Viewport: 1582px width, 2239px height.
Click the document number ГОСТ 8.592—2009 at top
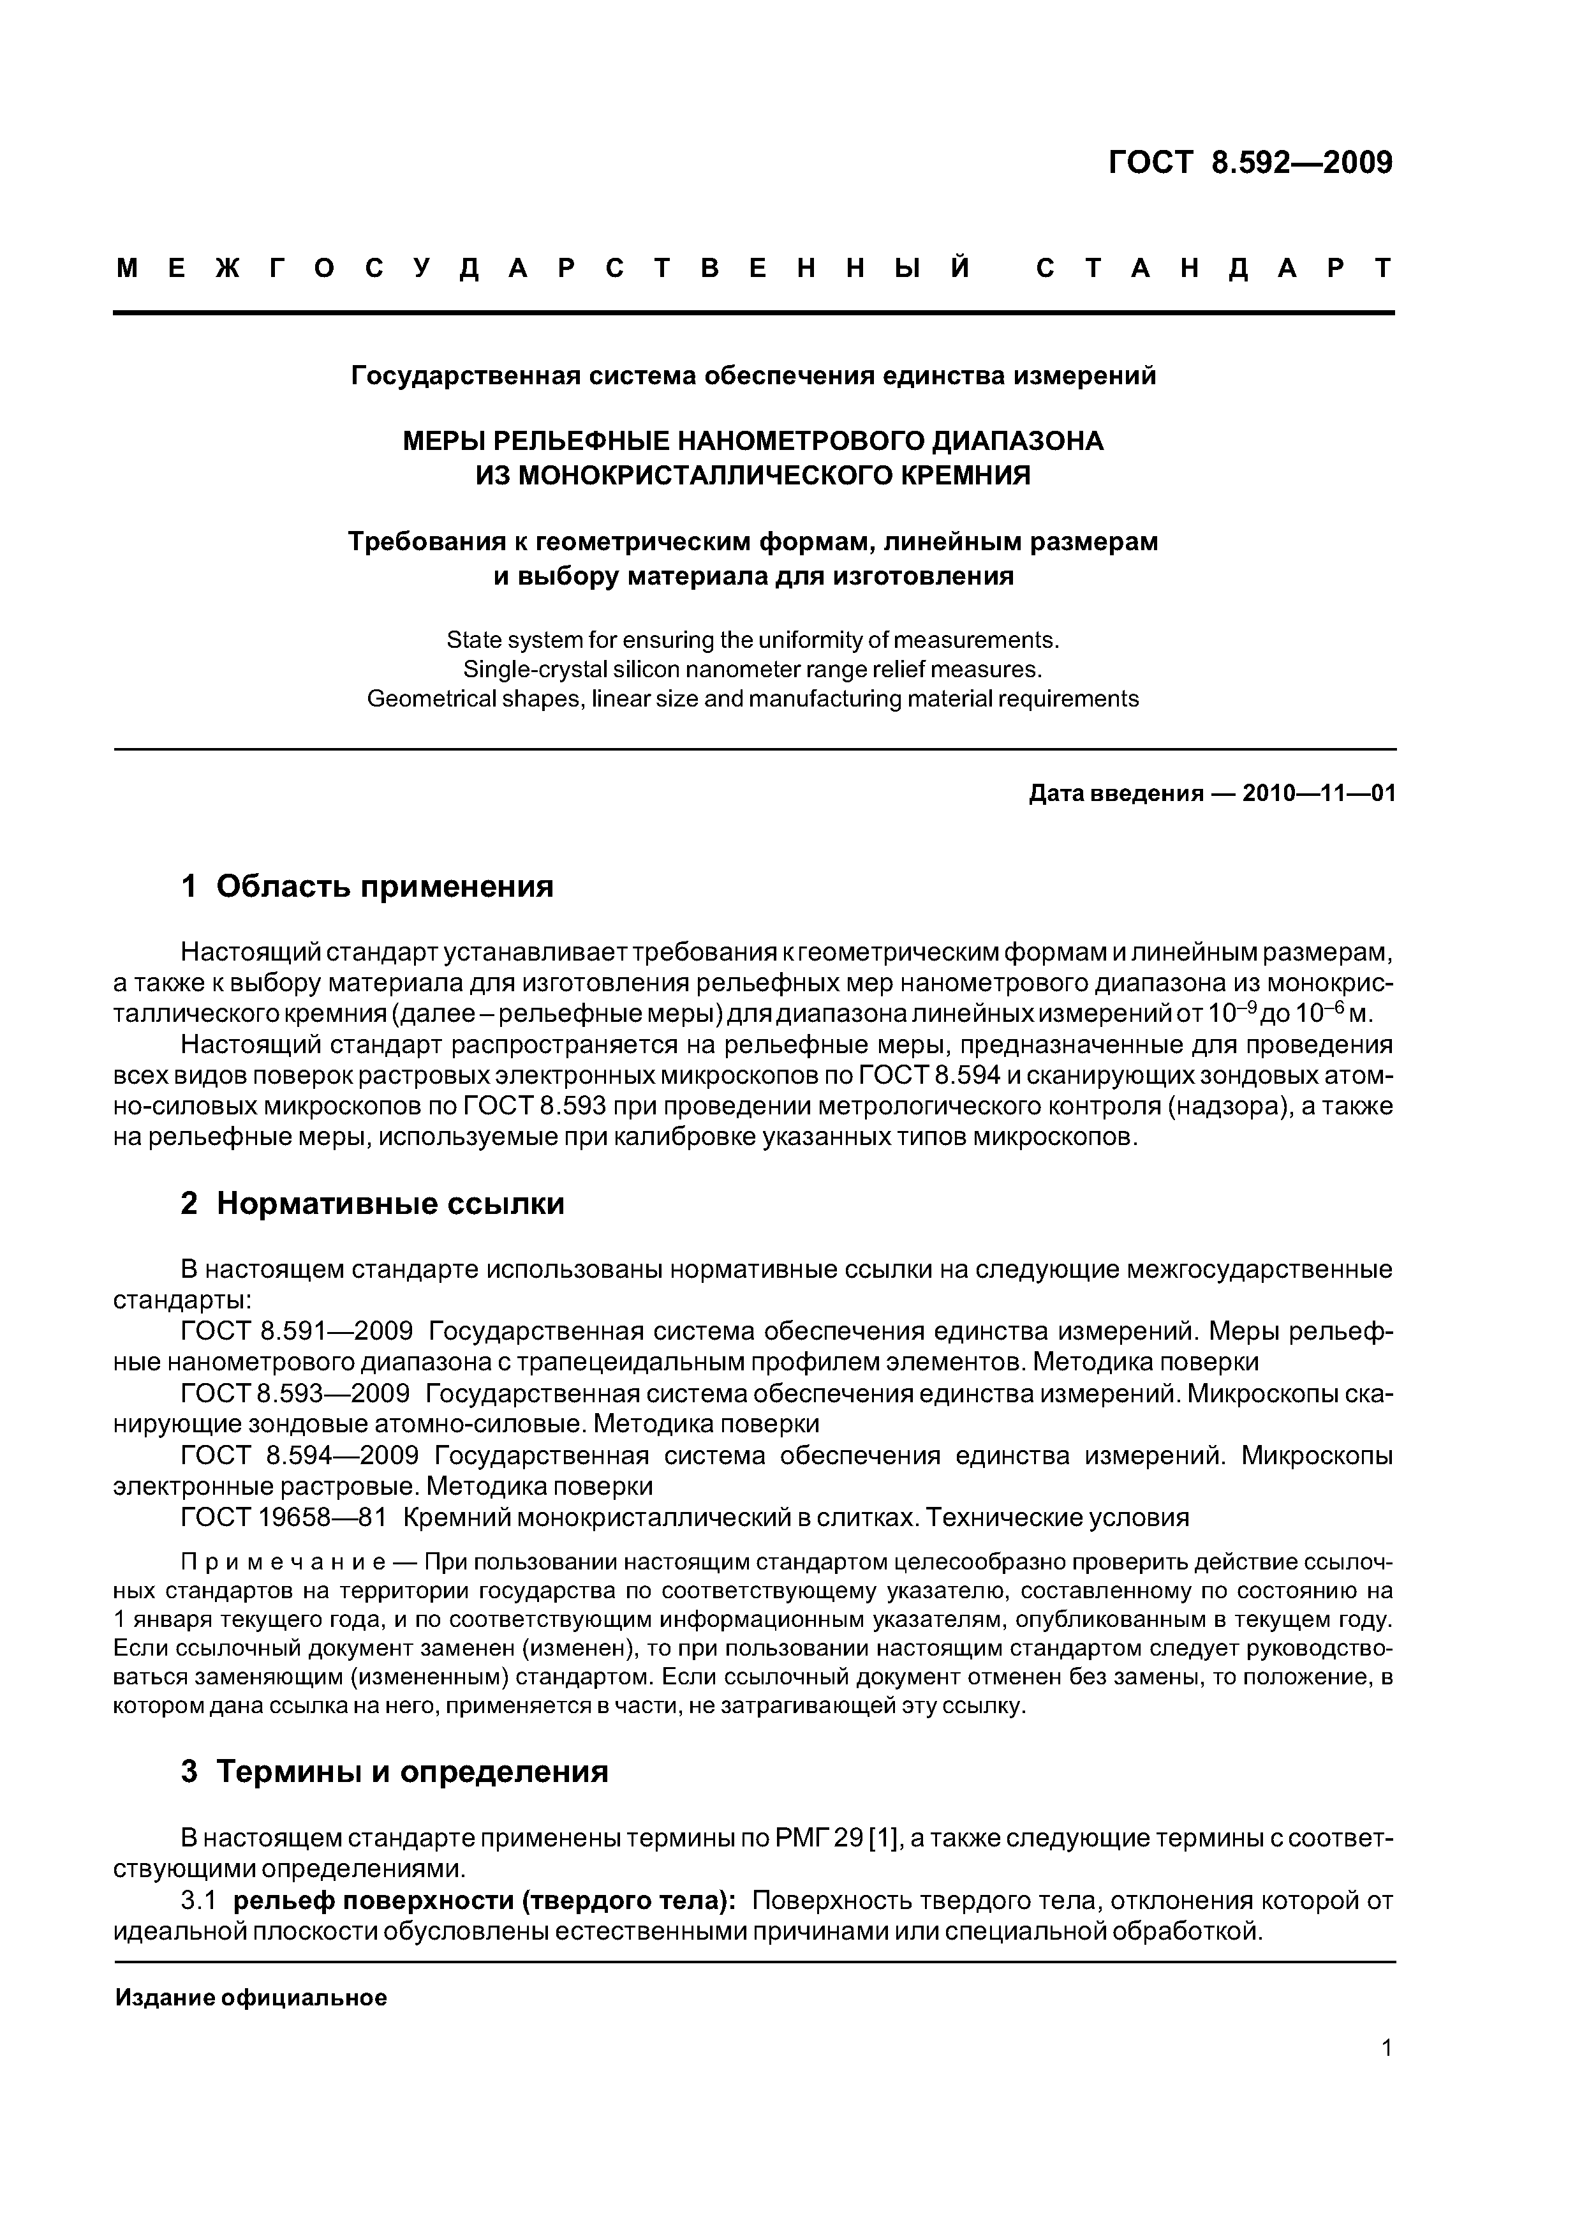(x=1250, y=163)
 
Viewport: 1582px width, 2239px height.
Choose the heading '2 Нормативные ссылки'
(x=373, y=1204)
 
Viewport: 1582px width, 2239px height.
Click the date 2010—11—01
(x=1319, y=794)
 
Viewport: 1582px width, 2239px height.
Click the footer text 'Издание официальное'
(x=251, y=1998)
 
